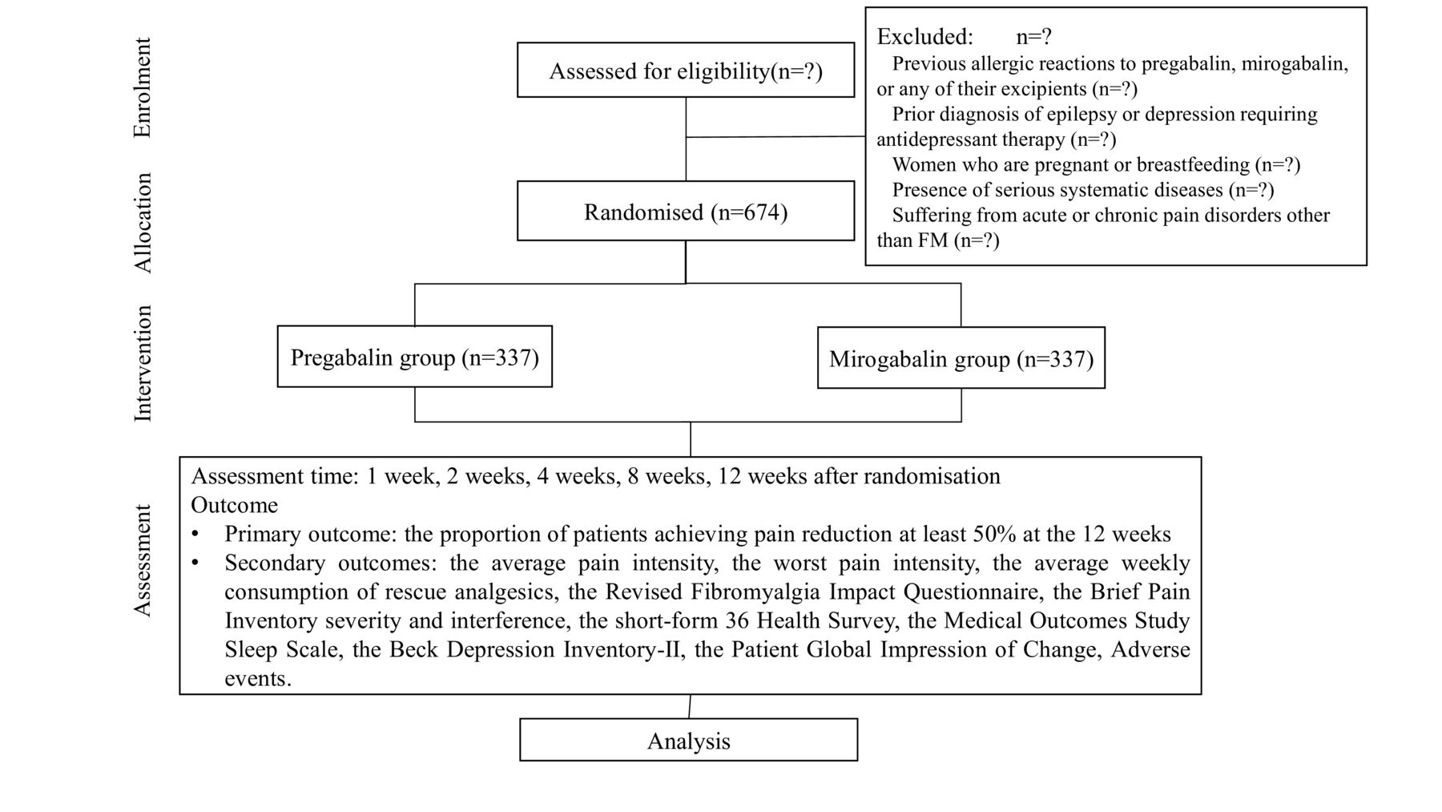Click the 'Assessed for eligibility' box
[686, 71]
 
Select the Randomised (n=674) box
[686, 211]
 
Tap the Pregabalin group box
[415, 357]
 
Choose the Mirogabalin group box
[961, 358]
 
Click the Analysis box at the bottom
[689, 740]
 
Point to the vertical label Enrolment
[142, 88]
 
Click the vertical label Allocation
[142, 223]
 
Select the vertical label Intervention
[142, 363]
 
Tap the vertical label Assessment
[142, 560]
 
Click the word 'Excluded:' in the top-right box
[925, 37]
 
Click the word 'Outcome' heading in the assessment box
[235, 505]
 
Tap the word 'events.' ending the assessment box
[258, 679]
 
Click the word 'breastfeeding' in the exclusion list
[1193, 165]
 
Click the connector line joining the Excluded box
[775, 137]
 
